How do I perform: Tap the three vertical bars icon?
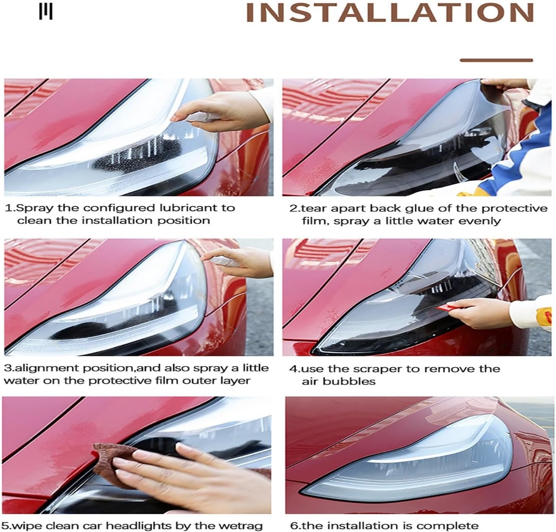[46, 12]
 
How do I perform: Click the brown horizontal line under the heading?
[496, 60]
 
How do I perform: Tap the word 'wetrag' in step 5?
[244, 526]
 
